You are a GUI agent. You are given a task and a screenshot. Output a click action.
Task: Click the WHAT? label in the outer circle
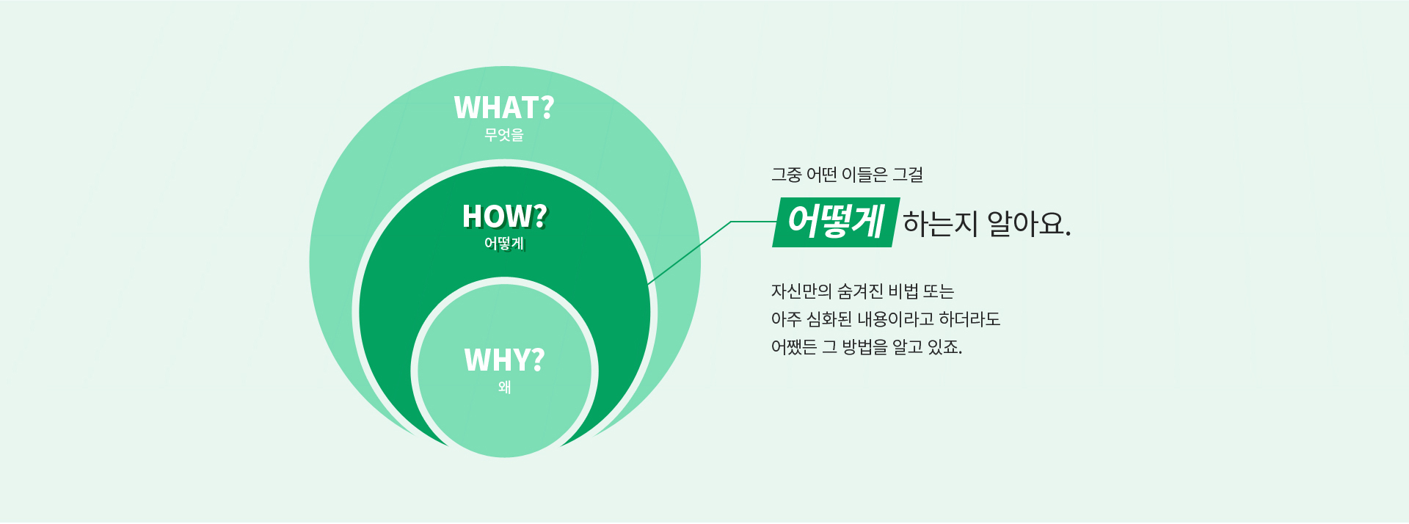coord(504,108)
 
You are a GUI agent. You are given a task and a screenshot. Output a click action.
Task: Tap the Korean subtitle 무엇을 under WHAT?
coord(504,135)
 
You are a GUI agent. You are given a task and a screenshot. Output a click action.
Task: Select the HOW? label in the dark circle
coord(505,216)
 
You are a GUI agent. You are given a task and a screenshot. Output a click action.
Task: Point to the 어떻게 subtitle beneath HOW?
coord(505,244)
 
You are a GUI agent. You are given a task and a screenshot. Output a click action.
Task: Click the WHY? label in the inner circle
coord(505,360)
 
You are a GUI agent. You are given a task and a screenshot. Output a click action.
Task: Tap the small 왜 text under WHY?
coord(505,387)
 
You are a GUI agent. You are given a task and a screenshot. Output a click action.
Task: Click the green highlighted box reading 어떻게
coord(836,222)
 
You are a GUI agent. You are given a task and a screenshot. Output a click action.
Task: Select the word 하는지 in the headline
coord(940,223)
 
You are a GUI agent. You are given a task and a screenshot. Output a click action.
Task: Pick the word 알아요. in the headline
coord(1029,223)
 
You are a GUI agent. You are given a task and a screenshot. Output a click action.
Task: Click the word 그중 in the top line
coord(786,175)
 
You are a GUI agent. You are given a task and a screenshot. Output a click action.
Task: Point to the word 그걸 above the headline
coord(908,175)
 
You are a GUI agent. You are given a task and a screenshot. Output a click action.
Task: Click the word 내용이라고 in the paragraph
coord(895,319)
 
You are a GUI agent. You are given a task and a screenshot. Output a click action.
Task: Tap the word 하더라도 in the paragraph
coord(969,319)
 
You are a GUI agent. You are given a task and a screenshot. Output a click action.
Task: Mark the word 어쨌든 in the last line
coord(794,346)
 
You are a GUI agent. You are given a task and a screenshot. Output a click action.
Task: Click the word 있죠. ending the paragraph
coord(944,346)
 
